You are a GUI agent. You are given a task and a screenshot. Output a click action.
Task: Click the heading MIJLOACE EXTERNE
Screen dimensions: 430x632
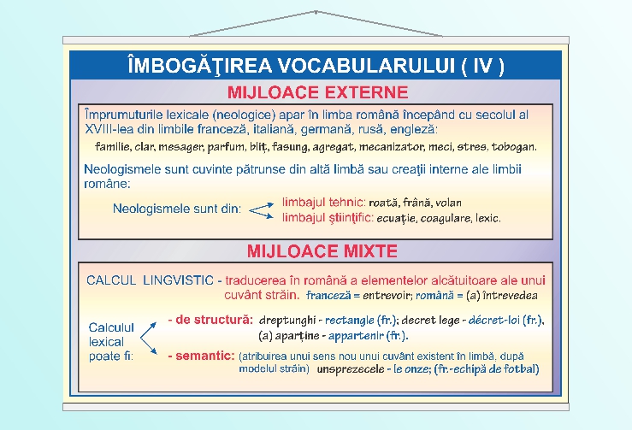316,91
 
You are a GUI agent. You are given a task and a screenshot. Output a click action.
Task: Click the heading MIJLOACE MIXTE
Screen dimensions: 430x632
322,251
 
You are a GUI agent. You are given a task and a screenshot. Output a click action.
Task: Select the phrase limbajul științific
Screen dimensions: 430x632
328,218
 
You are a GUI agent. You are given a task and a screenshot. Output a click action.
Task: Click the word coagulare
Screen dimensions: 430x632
444,219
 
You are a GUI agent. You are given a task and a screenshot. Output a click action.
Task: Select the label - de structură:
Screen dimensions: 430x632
210,320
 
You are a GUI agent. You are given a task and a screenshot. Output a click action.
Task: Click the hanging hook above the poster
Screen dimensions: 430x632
316,13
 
